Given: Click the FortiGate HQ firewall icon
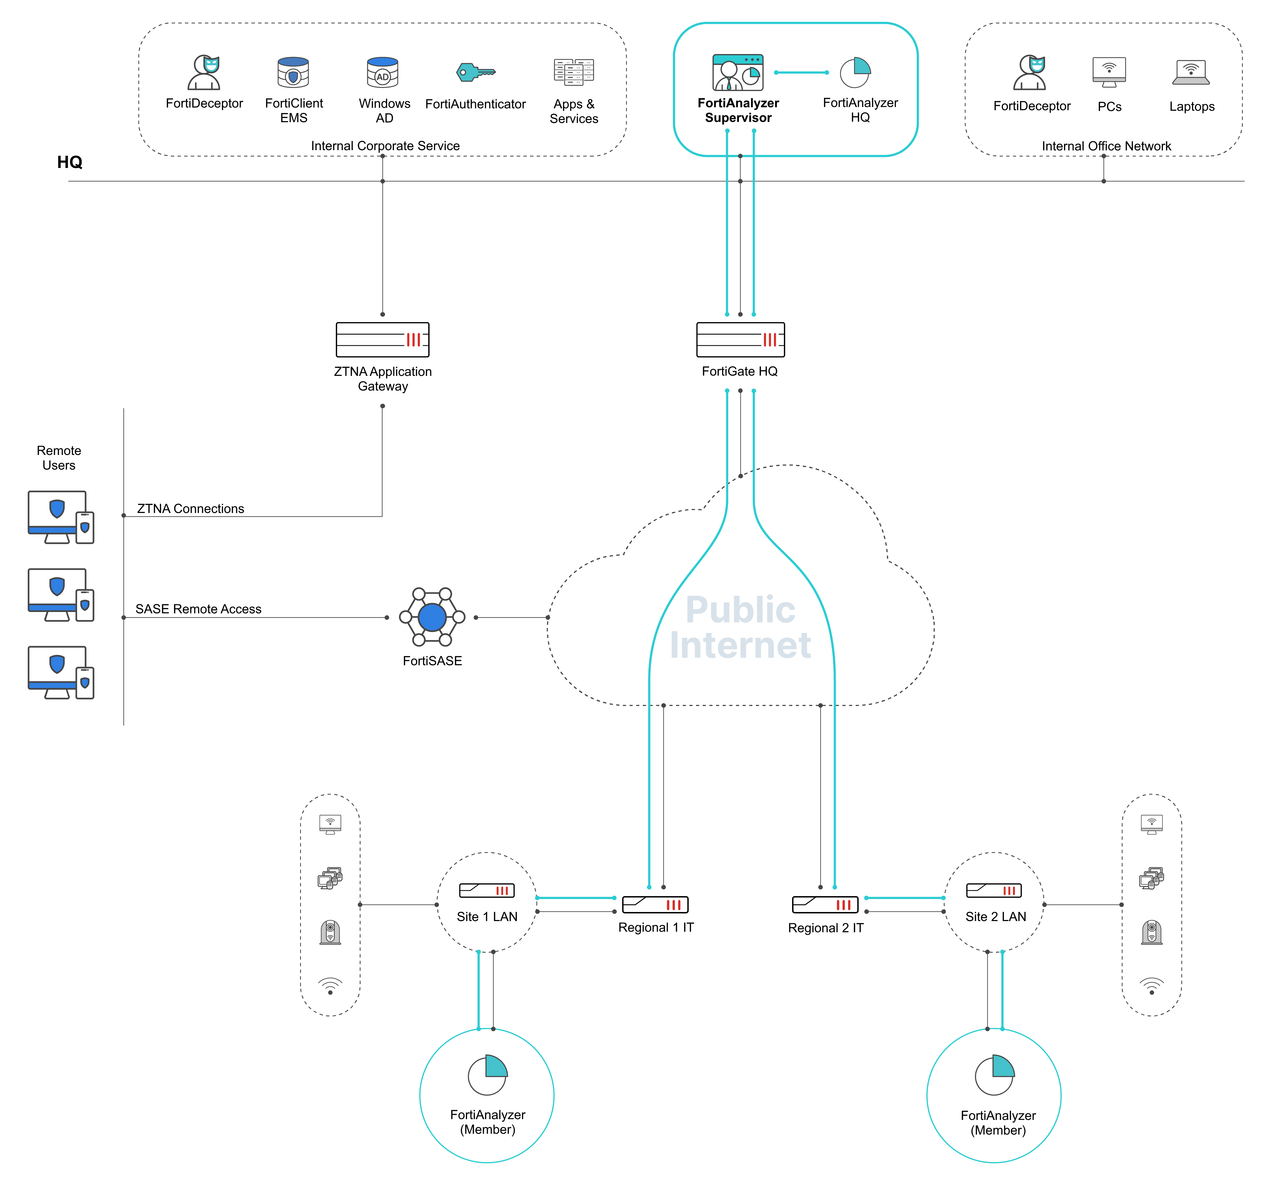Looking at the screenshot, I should coord(740,339).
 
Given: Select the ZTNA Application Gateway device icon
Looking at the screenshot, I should coord(382,339).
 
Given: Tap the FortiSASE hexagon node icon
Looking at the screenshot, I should coord(432,617).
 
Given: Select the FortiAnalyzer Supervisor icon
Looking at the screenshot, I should coord(738,72).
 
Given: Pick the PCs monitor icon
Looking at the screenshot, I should coord(1109,72).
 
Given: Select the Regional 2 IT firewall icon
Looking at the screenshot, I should coord(825,905).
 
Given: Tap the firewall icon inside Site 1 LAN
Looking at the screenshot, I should coord(487,890).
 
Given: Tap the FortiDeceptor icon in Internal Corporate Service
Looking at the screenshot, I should coord(204,72).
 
